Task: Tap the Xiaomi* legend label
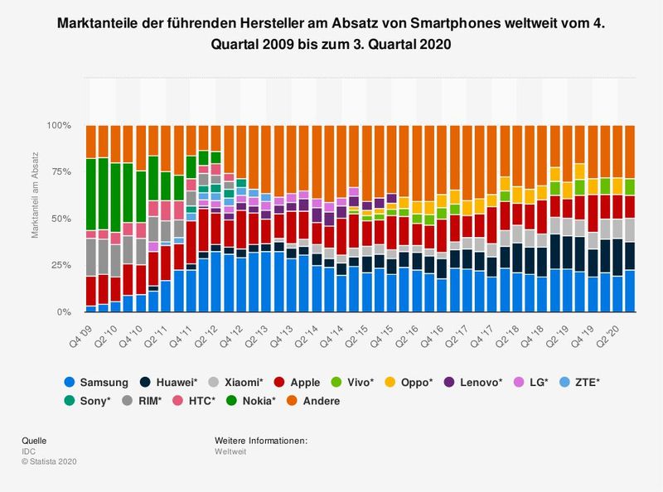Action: click(241, 383)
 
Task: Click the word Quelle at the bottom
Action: click(33, 441)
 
